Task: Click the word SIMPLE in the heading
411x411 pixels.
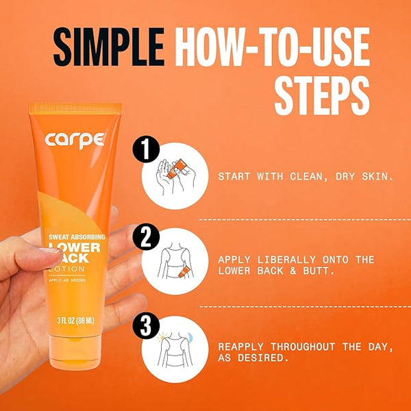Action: tap(109, 47)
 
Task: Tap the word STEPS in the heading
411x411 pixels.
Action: tap(322, 95)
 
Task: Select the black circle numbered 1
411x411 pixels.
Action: tap(146, 149)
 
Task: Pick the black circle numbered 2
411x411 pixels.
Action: tap(146, 237)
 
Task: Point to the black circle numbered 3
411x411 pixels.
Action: tap(146, 325)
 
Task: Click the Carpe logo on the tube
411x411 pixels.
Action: tap(75, 140)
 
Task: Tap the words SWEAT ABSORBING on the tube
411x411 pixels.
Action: tap(77, 237)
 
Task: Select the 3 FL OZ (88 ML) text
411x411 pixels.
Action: tap(75, 321)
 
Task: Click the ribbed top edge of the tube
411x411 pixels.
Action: tap(75, 108)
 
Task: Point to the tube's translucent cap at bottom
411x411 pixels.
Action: tap(75, 352)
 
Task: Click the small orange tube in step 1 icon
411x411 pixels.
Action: tap(176, 169)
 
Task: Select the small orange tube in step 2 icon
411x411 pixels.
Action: tap(183, 271)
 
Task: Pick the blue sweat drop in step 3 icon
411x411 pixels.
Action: tap(190, 338)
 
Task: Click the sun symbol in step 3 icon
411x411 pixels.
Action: tap(162, 337)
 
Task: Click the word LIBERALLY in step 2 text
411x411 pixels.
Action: tap(286, 260)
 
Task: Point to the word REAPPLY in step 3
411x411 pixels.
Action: tap(240, 347)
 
